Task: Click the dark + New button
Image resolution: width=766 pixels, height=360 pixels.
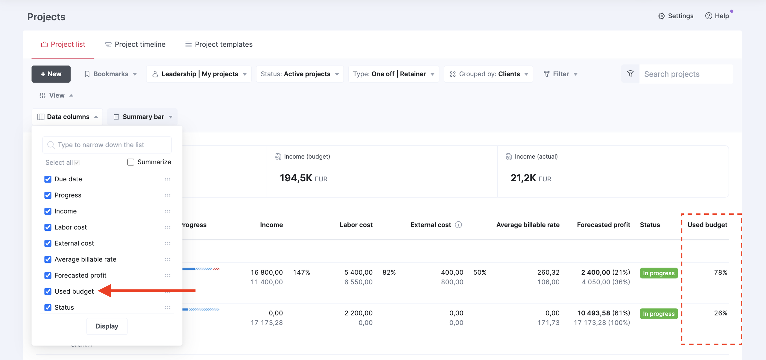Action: tap(51, 74)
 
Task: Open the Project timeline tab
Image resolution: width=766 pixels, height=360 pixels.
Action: tap(135, 44)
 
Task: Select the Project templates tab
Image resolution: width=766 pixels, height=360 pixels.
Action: tap(219, 44)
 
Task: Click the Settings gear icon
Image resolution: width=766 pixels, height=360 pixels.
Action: tap(662, 16)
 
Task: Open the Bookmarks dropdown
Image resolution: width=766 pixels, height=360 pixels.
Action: tap(111, 74)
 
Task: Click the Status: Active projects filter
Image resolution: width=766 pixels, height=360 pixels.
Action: tap(300, 74)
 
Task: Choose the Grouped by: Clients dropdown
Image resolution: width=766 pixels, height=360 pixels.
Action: tap(489, 74)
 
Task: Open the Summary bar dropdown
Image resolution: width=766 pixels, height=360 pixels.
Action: tap(143, 117)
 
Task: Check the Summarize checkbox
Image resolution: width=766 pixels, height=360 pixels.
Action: tap(131, 162)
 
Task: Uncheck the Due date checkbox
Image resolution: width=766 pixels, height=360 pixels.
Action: tap(48, 179)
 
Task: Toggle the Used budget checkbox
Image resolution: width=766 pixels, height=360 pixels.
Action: tap(48, 291)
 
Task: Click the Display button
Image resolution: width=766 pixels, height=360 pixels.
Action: tap(107, 326)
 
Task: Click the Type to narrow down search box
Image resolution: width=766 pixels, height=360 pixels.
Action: tap(107, 145)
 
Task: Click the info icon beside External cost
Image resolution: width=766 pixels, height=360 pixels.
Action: tap(458, 225)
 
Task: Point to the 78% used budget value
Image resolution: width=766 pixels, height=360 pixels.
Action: tap(721, 272)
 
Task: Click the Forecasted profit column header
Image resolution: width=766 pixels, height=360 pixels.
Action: tap(604, 225)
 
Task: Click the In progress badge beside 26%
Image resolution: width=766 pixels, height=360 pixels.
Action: tap(659, 314)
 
